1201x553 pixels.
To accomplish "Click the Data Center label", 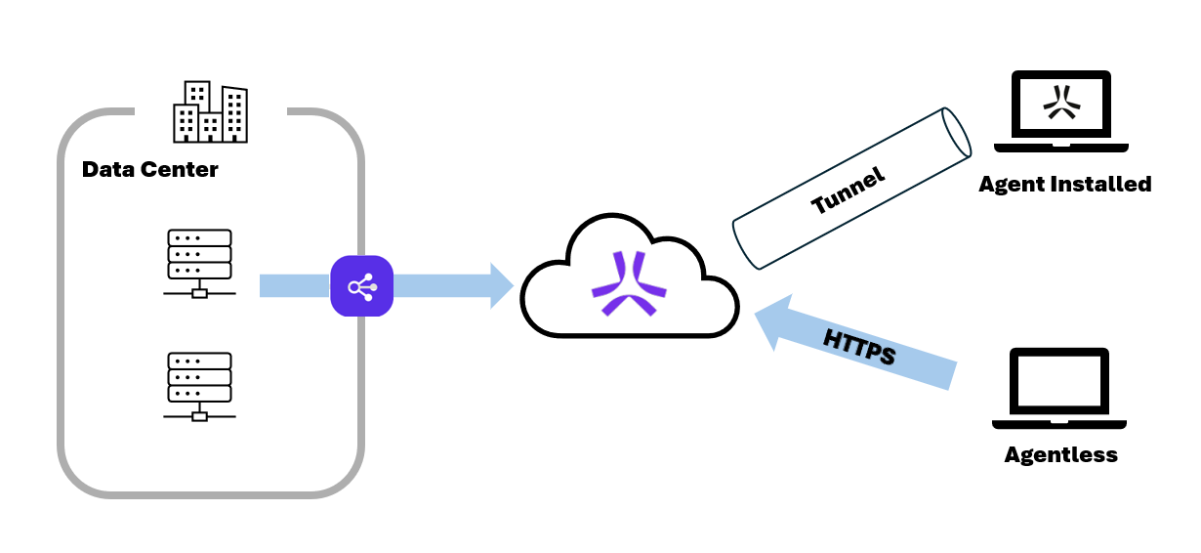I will pos(150,169).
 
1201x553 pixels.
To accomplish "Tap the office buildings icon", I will pos(210,112).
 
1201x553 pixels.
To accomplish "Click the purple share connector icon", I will pos(361,286).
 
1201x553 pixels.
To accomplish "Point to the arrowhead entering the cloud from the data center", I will pos(500,285).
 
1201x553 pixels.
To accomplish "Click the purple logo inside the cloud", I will pos(629,284).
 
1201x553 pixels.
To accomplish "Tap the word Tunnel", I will pos(848,190).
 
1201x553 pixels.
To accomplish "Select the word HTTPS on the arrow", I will pos(859,347).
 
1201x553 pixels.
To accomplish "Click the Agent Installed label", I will pos(1065,184).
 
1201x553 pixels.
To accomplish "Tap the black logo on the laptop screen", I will pos(1060,103).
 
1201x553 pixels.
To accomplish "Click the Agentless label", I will pos(1060,454).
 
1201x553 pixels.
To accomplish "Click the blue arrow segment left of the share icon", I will pos(294,285).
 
